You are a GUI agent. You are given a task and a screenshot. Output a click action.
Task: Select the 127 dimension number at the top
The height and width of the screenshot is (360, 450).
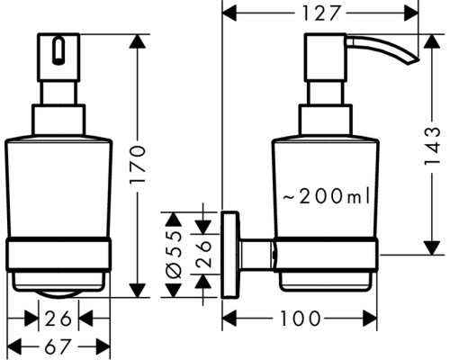[319, 13]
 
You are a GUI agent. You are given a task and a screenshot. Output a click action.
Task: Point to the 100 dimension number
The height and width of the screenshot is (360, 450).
[297, 318]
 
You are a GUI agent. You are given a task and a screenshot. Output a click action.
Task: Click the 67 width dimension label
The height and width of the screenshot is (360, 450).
[60, 346]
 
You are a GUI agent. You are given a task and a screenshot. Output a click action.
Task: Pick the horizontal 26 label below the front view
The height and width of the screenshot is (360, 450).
[60, 318]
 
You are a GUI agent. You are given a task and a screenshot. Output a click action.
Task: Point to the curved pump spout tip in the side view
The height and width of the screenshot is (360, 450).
[411, 57]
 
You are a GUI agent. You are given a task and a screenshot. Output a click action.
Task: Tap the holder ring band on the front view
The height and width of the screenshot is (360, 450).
[60, 254]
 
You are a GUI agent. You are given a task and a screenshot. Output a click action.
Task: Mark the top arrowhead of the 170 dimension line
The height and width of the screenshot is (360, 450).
[138, 40]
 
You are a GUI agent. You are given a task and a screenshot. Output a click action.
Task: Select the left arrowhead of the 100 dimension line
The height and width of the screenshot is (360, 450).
[228, 318]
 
